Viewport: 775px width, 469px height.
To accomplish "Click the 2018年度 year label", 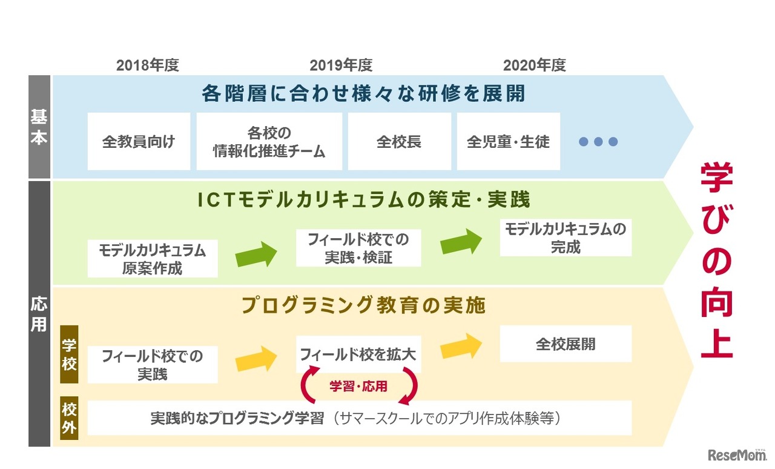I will click(x=148, y=65).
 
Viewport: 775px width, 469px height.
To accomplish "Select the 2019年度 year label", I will click(x=341, y=65).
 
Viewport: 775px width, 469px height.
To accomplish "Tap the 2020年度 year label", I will click(x=534, y=65).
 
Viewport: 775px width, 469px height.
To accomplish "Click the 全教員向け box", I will click(x=139, y=142).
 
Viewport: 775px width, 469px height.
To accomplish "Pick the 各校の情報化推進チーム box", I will click(x=269, y=142).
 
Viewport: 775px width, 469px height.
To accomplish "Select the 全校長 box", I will click(x=399, y=142).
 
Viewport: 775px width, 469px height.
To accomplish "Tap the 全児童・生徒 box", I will click(x=509, y=142).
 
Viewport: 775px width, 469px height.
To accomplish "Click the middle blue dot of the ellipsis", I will click(x=598, y=142).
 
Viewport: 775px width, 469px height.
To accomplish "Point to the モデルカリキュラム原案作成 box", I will click(x=153, y=259).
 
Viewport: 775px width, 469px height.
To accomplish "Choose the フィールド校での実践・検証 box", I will click(x=358, y=248).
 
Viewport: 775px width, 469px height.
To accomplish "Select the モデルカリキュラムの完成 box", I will click(x=566, y=238).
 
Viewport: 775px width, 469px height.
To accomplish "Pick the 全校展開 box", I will click(x=566, y=344).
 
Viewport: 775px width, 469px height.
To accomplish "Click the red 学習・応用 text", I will click(x=358, y=386).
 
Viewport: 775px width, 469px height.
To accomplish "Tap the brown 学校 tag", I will click(x=70, y=354).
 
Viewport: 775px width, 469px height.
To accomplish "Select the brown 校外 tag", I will click(x=70, y=419).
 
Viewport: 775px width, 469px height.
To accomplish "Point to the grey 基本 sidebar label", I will click(x=39, y=127).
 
